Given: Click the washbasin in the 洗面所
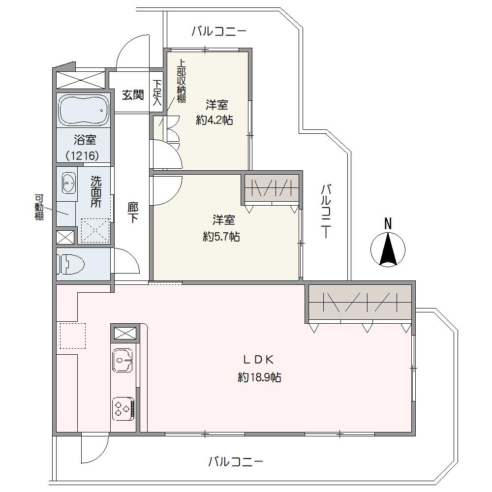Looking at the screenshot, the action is coord(69,183).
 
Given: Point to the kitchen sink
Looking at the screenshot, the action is coord(123,360).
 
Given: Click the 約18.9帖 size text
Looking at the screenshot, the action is coord(259,377).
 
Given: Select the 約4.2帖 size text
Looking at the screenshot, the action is coord(215,120).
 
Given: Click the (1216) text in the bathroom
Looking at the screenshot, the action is coord(83,155).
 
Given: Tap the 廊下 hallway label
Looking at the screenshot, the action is coord(133,213).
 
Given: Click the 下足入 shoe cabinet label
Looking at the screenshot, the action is coord(157,92).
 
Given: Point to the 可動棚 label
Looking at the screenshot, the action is coord(39,208).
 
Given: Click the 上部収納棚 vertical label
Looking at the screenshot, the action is coord(182,81).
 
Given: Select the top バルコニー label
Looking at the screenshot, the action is coord(219,31).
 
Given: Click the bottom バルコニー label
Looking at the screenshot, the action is coord(236,462).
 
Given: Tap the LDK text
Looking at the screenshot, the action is coord(259,360).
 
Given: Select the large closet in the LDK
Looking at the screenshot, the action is coord(360,302).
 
